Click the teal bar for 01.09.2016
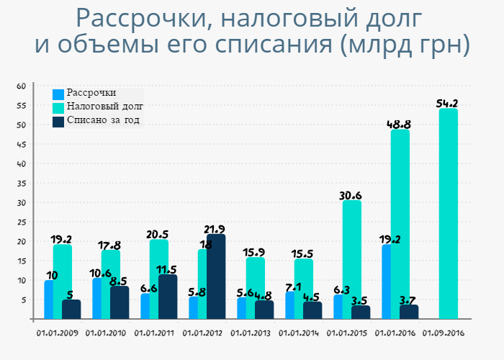click(x=448, y=214)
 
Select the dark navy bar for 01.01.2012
click(x=216, y=276)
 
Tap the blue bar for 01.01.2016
click(x=387, y=282)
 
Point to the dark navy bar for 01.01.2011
click(x=168, y=297)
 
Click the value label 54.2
click(x=448, y=103)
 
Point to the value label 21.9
click(x=215, y=229)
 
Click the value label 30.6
click(x=351, y=195)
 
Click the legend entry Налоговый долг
click(x=99, y=107)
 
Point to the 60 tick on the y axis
click(x=22, y=86)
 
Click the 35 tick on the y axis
click(x=22, y=183)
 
